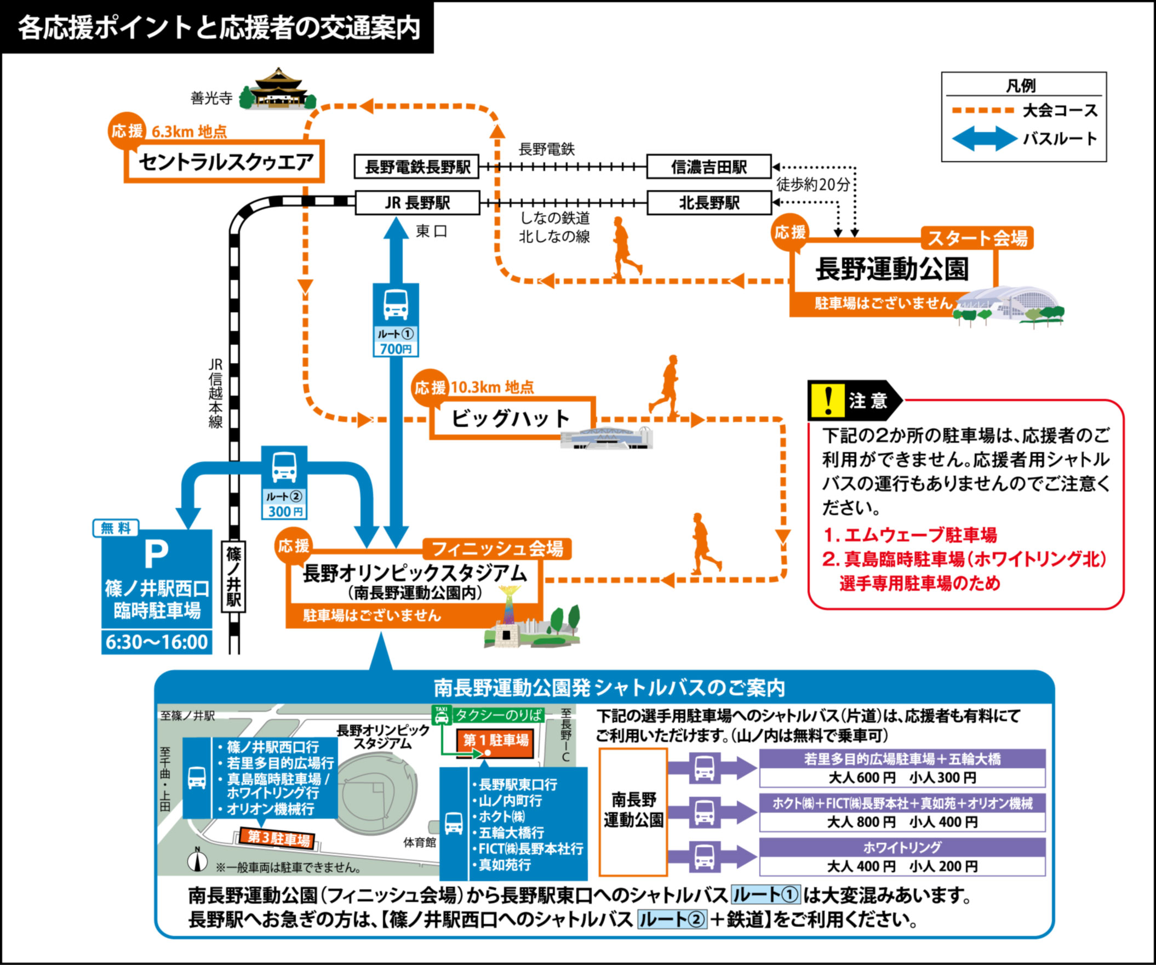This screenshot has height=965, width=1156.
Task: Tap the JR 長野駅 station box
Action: (x=417, y=203)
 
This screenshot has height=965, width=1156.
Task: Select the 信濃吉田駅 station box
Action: (x=708, y=167)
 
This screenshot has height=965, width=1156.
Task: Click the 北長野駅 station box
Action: (x=708, y=203)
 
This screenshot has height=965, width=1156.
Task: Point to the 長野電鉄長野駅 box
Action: (x=417, y=167)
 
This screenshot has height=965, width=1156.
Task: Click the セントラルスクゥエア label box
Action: (x=224, y=162)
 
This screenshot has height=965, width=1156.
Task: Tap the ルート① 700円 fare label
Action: (x=395, y=342)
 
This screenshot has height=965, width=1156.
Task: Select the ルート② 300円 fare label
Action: (x=284, y=504)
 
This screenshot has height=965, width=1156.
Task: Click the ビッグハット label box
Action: (x=511, y=418)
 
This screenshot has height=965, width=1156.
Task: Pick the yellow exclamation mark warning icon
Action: (x=827, y=400)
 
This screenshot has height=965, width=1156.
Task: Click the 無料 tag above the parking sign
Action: (x=116, y=528)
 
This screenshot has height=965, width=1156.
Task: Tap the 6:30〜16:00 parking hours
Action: (x=157, y=642)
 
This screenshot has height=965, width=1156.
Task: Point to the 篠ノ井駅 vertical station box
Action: (x=233, y=576)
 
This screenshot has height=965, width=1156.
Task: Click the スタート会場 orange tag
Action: (x=977, y=238)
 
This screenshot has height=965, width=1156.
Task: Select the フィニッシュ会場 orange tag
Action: (x=497, y=549)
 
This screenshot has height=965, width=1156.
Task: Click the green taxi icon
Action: (x=442, y=715)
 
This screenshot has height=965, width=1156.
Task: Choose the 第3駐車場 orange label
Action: (x=278, y=838)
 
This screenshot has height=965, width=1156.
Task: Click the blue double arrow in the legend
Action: (x=985, y=139)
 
